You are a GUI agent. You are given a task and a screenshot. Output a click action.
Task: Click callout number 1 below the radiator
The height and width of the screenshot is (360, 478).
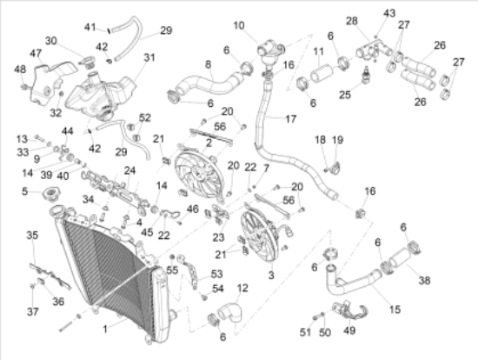tap(106, 329)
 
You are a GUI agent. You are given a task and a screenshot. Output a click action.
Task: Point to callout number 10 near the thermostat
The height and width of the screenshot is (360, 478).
tap(239, 24)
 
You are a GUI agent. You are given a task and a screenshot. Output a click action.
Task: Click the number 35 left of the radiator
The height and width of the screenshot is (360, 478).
tap(32, 236)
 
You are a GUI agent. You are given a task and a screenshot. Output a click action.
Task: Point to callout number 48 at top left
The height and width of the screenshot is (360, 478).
tap(19, 70)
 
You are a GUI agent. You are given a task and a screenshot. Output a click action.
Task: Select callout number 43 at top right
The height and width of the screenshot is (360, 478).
tap(388, 13)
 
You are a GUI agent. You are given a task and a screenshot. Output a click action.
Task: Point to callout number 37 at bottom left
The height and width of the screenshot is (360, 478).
tap(32, 311)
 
